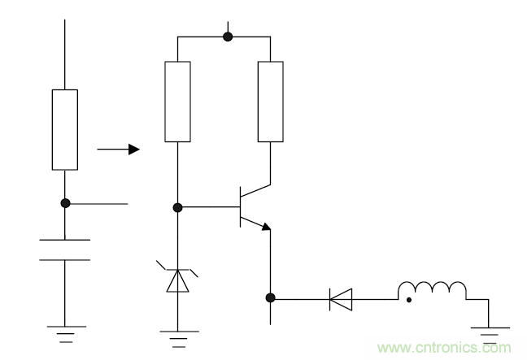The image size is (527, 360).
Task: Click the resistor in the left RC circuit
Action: [65, 130]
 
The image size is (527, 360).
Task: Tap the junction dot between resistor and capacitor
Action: [65, 202]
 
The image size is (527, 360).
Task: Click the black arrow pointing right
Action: [118, 150]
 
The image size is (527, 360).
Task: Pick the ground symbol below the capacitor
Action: [65, 332]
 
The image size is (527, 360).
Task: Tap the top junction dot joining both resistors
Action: [229, 37]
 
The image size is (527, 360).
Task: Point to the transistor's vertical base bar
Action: [241, 206]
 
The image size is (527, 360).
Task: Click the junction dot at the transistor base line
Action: [178, 207]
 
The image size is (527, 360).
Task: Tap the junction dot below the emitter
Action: [270, 298]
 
